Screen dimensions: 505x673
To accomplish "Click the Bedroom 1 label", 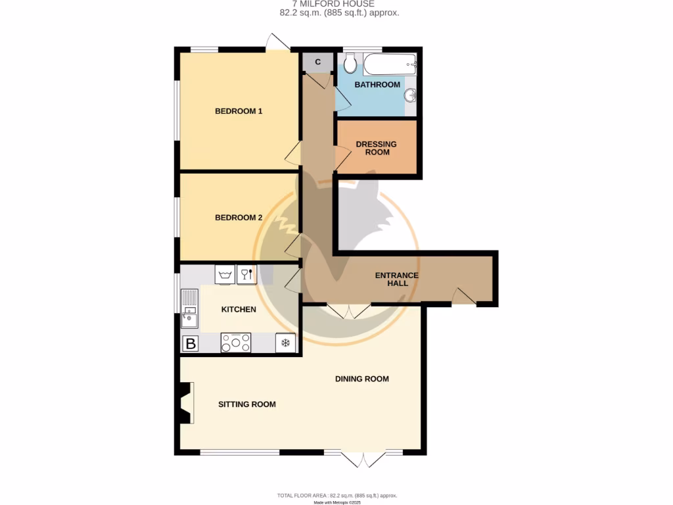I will [x=239, y=111].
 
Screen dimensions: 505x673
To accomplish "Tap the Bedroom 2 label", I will [x=239, y=218].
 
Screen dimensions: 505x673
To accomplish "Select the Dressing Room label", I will [x=377, y=148].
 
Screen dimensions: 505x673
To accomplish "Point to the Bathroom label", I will [x=377, y=85].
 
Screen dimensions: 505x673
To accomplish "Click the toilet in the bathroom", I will [x=350, y=64].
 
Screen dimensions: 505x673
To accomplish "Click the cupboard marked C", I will [x=318, y=62].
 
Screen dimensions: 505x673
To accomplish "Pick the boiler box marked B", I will [x=191, y=343].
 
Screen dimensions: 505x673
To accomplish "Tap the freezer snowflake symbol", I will [x=285, y=343].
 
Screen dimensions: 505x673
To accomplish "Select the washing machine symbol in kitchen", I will [x=225, y=274].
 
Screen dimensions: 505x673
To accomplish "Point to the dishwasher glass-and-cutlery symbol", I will [x=246, y=274].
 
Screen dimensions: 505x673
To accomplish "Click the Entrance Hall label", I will [x=396, y=279].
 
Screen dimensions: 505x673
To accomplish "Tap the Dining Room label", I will [x=361, y=379].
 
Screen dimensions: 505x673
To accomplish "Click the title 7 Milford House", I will [x=338, y=4].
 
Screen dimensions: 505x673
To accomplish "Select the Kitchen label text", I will [x=239, y=310].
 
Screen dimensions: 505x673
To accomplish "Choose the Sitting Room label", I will [x=247, y=404].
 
